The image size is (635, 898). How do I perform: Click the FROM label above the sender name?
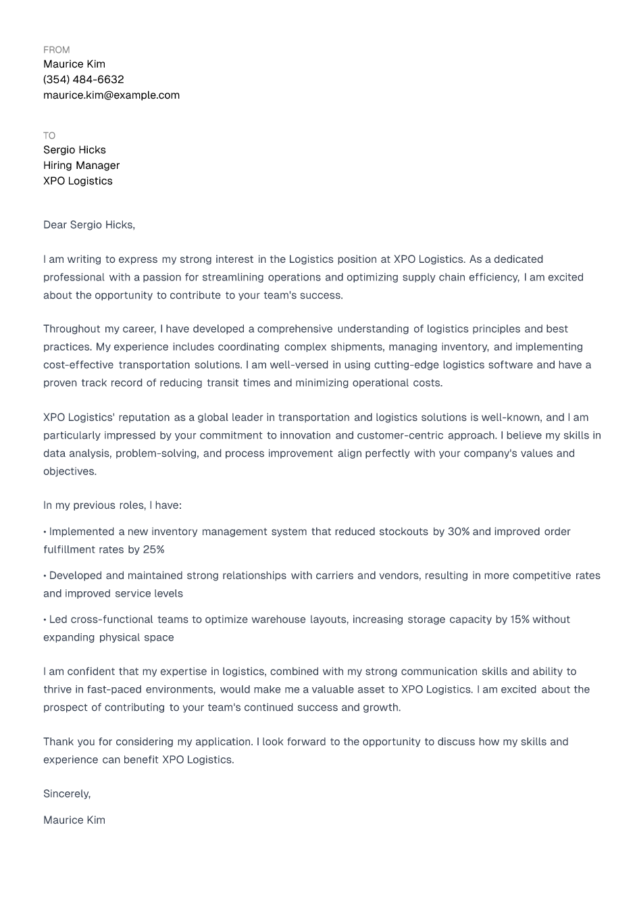[x=56, y=50]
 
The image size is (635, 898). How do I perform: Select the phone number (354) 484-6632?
[x=83, y=80]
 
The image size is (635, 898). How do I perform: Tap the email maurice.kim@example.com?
[x=111, y=95]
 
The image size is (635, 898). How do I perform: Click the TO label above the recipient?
[x=49, y=136]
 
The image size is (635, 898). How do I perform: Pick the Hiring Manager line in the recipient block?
[x=81, y=166]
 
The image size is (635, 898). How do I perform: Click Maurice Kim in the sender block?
[x=74, y=64]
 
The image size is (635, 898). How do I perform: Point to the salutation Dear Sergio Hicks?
[x=88, y=225]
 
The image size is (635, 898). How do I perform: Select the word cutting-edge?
[x=404, y=365]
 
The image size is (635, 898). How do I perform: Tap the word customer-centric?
[x=399, y=436]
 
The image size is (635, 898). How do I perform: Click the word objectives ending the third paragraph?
[x=69, y=472]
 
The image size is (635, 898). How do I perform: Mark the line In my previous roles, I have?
[x=112, y=505]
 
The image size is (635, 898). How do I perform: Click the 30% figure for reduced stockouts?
[x=458, y=532]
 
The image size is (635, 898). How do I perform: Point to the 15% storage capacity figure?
[x=519, y=620]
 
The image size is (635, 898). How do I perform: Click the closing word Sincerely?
[x=66, y=794]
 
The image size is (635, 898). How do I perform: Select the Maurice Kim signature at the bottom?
[x=74, y=820]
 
